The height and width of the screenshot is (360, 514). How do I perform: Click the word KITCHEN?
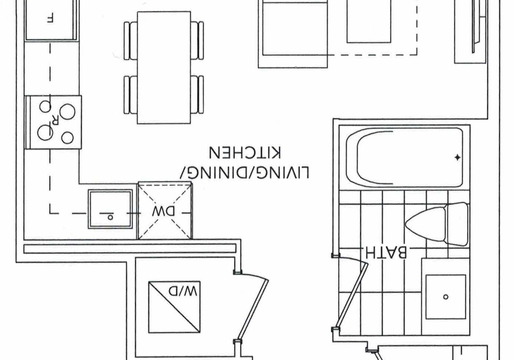[245, 153]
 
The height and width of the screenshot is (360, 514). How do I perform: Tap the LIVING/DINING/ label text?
[245, 172]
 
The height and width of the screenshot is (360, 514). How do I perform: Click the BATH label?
[385, 252]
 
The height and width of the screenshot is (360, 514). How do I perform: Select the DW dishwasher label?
[163, 212]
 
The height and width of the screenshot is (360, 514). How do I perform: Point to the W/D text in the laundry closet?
[183, 290]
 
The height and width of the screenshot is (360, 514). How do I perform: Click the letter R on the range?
[55, 120]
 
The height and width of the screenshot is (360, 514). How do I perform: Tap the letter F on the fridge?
[50, 19]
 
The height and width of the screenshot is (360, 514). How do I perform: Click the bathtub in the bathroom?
[404, 157]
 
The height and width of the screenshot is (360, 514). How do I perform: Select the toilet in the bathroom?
[437, 224]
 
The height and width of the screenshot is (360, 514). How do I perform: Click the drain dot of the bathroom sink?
[445, 297]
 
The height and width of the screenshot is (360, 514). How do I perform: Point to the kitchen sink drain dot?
[110, 217]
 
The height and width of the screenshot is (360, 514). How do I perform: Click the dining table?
[164, 67]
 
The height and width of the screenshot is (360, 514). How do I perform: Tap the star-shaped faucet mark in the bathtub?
[457, 157]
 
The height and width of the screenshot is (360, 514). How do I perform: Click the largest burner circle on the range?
[68, 111]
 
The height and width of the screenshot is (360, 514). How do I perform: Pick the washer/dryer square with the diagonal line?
[175, 307]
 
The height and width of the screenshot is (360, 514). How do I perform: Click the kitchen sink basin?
[110, 209]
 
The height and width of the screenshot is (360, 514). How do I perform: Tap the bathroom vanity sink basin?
[445, 297]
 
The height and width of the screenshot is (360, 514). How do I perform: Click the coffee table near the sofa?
[369, 21]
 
